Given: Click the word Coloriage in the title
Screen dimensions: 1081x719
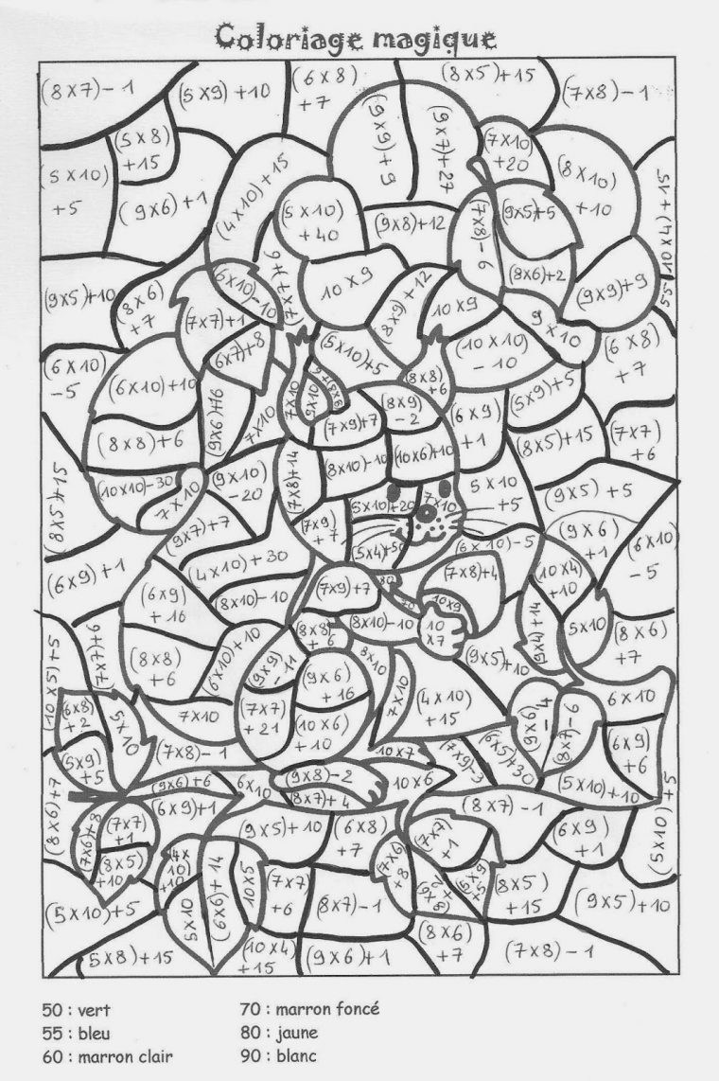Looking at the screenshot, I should tap(284, 37).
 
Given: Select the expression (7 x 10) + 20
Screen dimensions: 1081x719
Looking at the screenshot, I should tap(511, 151).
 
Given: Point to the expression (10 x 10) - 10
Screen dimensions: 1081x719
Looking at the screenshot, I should tap(492, 352).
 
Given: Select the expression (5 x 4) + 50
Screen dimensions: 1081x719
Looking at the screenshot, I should tap(377, 546).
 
